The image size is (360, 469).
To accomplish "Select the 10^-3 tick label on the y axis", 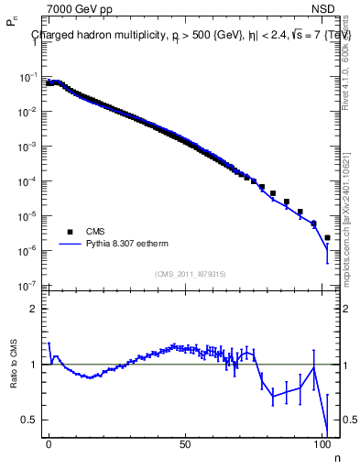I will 28,147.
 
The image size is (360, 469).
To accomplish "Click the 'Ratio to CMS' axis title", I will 12,365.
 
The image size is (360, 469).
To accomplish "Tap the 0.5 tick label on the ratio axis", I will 30,420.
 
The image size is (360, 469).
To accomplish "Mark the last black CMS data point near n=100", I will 327,237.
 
